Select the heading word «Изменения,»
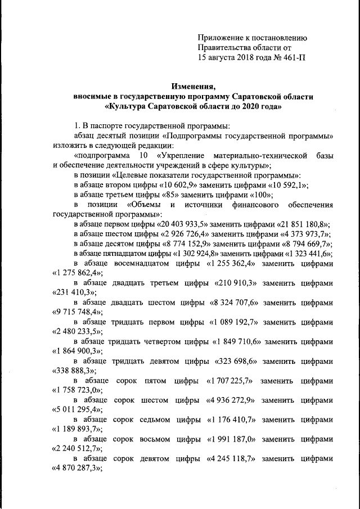pyautogui.click(x=194, y=86)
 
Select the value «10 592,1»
pyautogui.click(x=288, y=185)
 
